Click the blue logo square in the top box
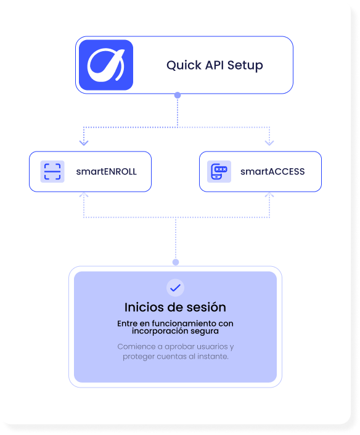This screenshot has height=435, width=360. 106,65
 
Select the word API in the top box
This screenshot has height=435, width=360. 215,65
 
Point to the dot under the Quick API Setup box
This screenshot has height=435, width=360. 178,96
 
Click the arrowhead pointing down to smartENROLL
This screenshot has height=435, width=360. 84,142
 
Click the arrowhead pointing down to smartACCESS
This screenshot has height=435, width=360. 269,142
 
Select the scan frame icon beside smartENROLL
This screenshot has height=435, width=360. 52,171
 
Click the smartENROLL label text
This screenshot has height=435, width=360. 106,171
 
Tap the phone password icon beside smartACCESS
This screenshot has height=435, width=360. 219,171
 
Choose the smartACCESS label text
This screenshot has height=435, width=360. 272,171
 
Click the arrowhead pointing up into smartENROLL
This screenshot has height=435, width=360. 84,195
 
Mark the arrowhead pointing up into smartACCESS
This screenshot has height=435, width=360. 269,195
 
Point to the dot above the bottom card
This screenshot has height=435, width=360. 176,262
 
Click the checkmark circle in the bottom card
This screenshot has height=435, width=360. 176,288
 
